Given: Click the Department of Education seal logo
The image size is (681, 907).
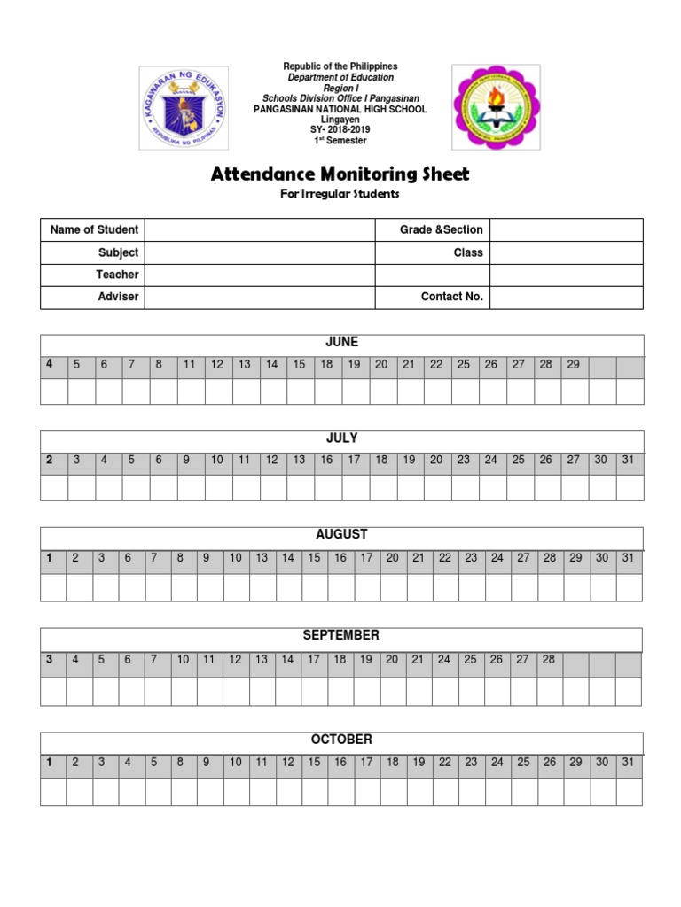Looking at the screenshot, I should click(184, 108).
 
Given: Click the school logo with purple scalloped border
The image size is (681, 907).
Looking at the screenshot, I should click(495, 107).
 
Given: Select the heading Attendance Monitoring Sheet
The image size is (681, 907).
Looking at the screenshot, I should click(340, 174).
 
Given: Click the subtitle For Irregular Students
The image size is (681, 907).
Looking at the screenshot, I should click(340, 194).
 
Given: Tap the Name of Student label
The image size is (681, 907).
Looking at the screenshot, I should click(94, 230).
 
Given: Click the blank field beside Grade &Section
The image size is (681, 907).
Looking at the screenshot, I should click(566, 230).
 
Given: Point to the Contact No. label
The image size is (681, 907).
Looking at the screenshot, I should click(451, 297).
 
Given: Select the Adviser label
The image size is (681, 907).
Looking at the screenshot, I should click(118, 297).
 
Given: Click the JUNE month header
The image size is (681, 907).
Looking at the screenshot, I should click(341, 342).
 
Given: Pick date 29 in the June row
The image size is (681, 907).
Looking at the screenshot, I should click(573, 365).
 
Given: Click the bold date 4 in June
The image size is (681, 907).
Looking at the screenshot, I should click(50, 364).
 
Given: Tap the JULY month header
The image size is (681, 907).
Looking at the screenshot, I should click(341, 438).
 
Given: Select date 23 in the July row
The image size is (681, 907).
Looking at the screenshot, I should click(464, 460).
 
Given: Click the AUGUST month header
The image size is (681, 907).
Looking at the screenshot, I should click(341, 535).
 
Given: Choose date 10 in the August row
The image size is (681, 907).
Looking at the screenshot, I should click(236, 558).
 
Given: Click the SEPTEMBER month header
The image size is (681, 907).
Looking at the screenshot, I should click(341, 636).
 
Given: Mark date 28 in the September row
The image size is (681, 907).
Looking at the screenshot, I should click(549, 660).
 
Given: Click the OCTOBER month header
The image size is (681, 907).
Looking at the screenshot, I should click(341, 740).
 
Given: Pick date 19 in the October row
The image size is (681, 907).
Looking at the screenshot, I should click(419, 763).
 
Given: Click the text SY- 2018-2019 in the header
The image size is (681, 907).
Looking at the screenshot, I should click(340, 129).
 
